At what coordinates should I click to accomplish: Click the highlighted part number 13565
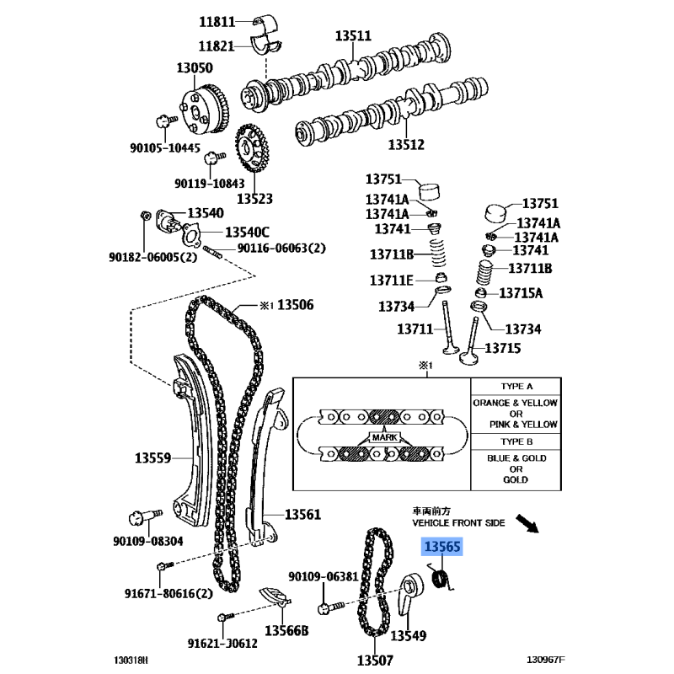tap(441, 546)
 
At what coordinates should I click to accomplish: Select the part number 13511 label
tap(353, 35)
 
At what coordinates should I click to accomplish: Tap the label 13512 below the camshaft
tap(406, 144)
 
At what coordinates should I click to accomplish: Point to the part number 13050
tap(195, 67)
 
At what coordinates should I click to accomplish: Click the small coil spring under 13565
tap(441, 578)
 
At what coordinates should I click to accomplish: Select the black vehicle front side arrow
tap(527, 523)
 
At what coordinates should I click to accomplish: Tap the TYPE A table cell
tap(516, 387)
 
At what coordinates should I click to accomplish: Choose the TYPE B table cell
tap(516, 441)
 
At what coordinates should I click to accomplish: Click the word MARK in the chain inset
tap(385, 437)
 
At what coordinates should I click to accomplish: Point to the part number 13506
tap(296, 305)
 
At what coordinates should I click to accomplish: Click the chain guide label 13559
tap(152, 457)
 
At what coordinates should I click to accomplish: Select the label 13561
tap(302, 514)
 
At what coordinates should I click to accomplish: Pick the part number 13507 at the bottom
tap(375, 660)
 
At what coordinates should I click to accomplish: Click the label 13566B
tap(286, 630)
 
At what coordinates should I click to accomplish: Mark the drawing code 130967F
tap(546, 660)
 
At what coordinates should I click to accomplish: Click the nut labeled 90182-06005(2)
tap(145, 215)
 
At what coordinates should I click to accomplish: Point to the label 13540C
tap(247, 233)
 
